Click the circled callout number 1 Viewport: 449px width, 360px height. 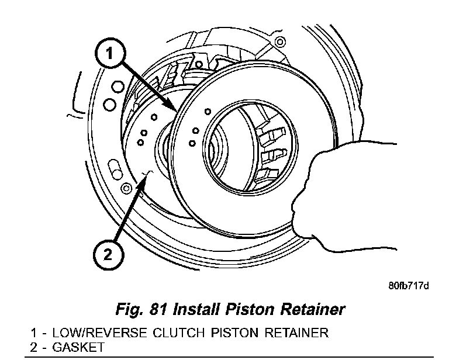pyautogui.click(x=110, y=54)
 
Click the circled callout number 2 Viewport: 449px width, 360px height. pyautogui.click(x=108, y=254)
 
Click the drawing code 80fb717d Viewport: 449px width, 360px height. pyautogui.click(x=409, y=285)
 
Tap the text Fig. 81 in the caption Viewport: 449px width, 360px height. pyautogui.click(x=141, y=309)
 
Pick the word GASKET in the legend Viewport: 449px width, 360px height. pyautogui.click(x=78, y=347)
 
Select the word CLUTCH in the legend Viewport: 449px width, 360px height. pyautogui.click(x=178, y=333)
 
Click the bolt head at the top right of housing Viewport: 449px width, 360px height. pyautogui.click(x=280, y=42)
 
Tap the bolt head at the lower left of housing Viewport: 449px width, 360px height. pyautogui.click(x=126, y=188)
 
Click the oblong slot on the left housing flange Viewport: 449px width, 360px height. pyautogui.click(x=115, y=169)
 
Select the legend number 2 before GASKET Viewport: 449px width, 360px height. pyautogui.click(x=34, y=347)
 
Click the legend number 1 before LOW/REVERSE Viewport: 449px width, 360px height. pyautogui.click(x=33, y=333)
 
